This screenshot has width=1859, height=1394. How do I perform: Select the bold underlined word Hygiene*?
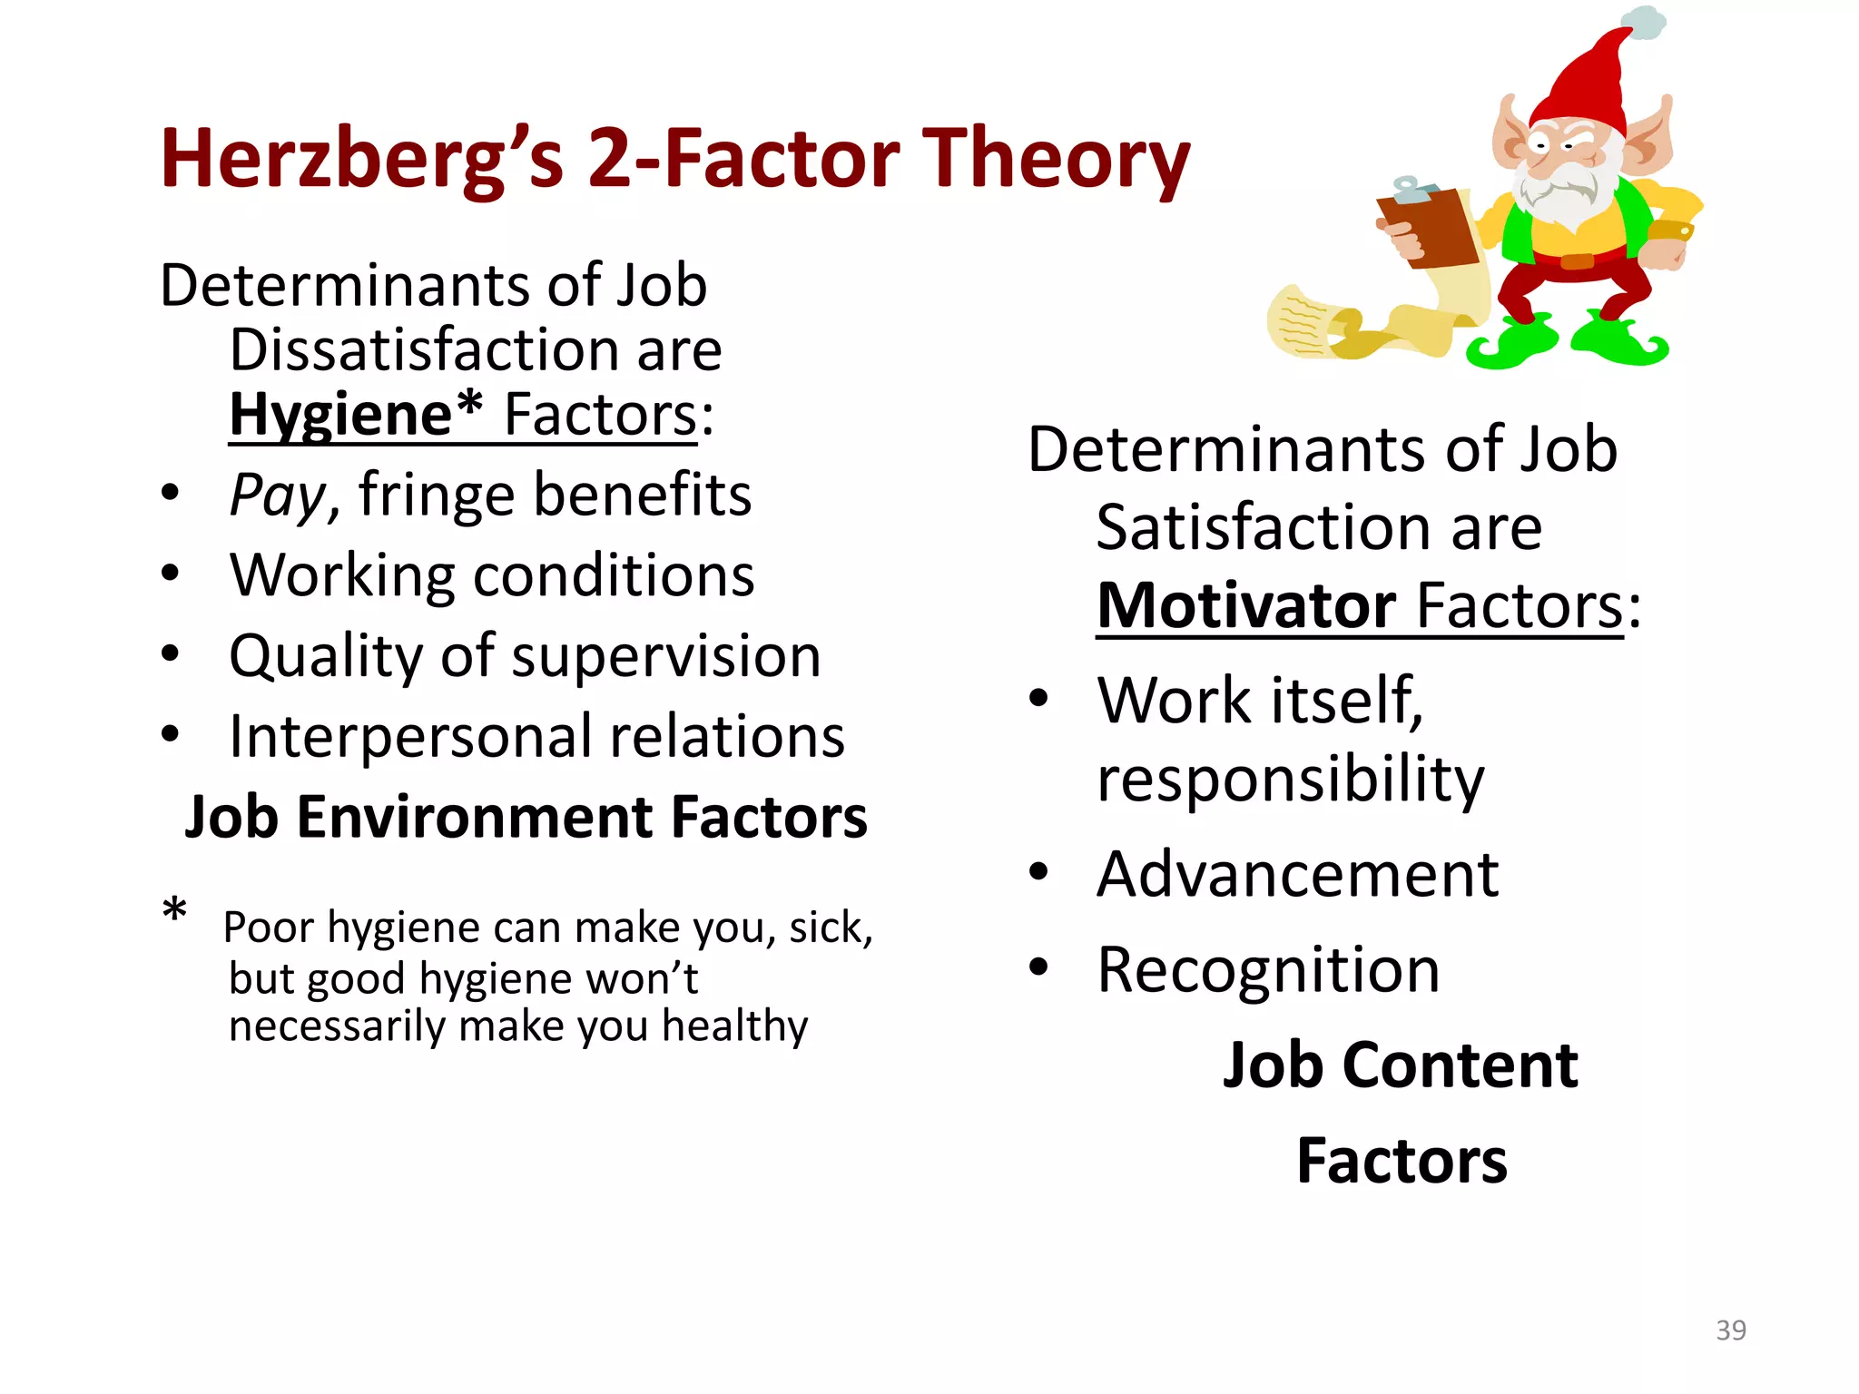[355, 415]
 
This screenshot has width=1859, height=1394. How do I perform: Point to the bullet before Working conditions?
[170, 574]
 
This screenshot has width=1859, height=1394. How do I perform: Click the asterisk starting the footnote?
[174, 909]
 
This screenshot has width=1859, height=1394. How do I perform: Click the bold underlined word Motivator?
[1245, 606]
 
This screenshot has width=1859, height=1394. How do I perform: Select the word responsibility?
[1290, 779]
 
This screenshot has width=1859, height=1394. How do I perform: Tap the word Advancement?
[1297, 875]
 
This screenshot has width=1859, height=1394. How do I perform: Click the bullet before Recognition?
[1038, 967]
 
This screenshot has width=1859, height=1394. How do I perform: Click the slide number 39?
[1730, 1330]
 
